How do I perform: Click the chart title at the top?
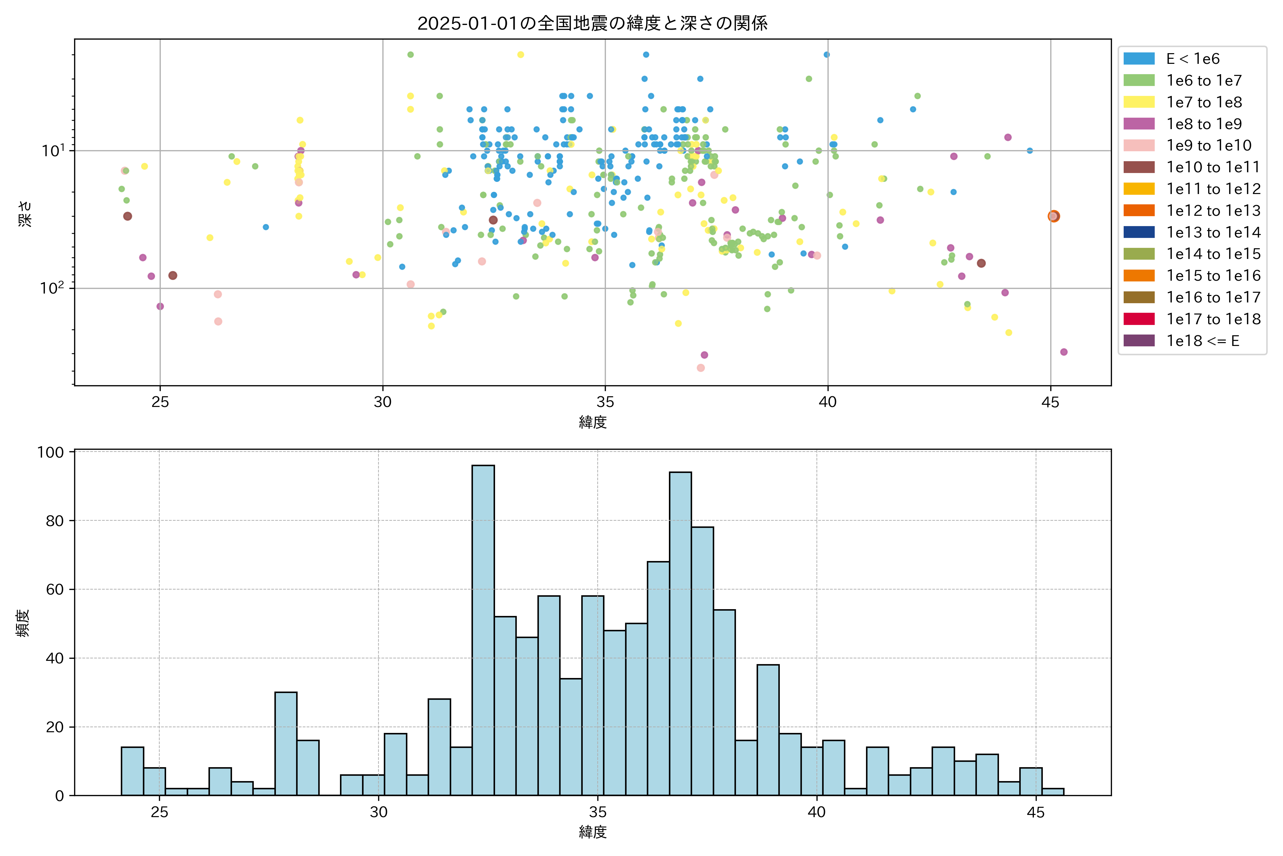tap(592, 23)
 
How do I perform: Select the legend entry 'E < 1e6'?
tap(1192, 59)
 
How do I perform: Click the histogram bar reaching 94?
tap(680, 634)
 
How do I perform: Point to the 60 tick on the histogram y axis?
tap(55, 590)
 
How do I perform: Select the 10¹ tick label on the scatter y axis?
tap(53, 150)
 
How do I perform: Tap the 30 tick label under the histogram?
tap(378, 812)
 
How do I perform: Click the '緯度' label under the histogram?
tap(592, 832)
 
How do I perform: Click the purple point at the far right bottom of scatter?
tap(1064, 352)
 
